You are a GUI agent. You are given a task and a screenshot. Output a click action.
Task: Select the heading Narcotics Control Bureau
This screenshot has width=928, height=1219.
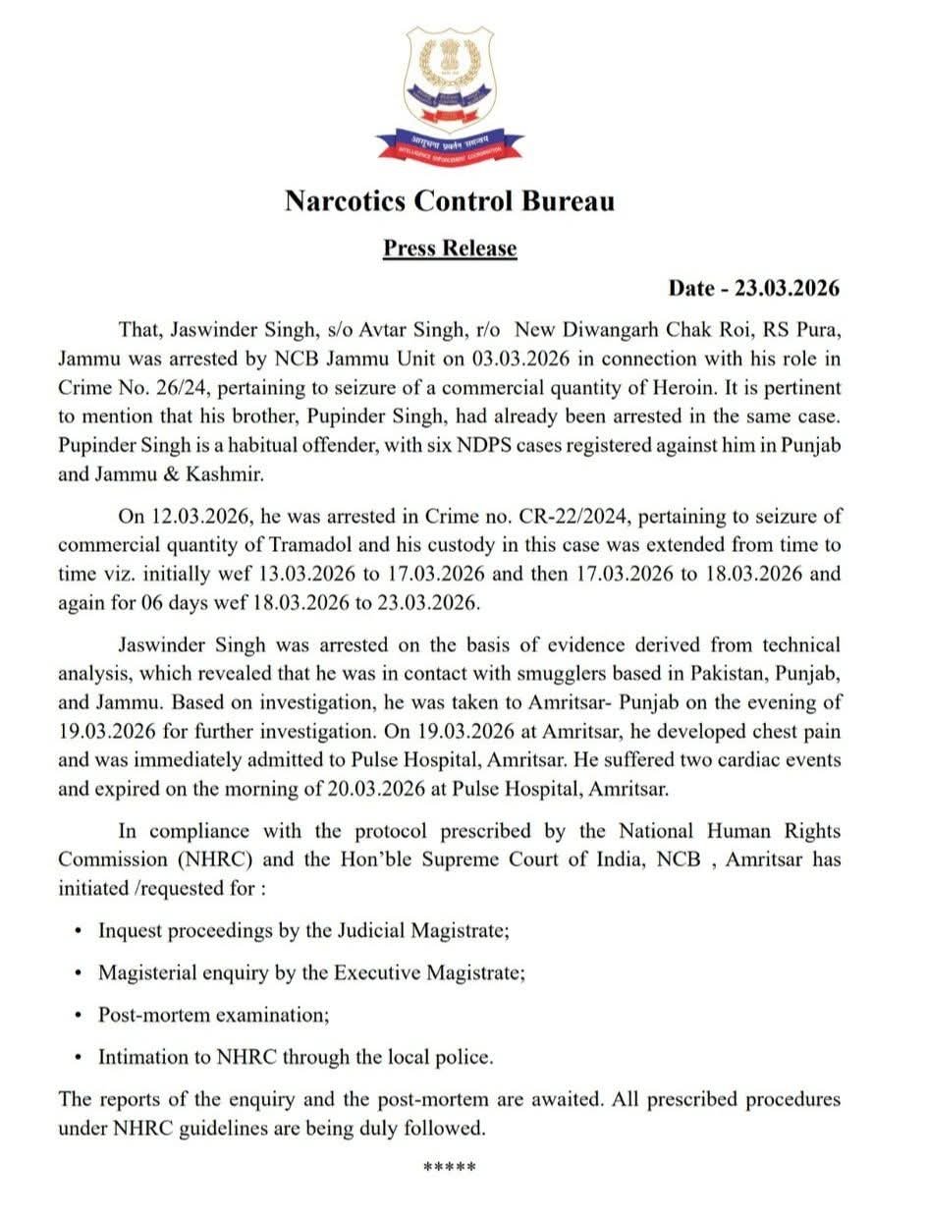coord(450,200)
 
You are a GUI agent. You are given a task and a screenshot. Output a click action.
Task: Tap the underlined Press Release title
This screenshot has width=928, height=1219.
coord(450,248)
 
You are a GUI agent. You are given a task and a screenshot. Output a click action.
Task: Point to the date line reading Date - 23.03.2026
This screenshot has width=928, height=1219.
coord(754,289)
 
